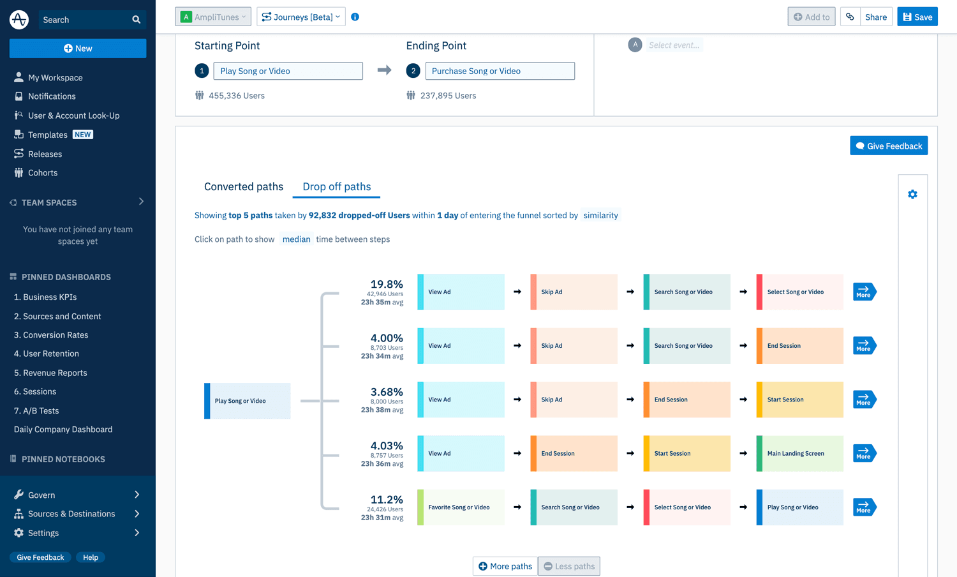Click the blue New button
pos(78,49)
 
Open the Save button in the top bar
pos(917,17)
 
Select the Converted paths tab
pos(244,186)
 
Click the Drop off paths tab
pos(336,186)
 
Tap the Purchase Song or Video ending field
pos(500,71)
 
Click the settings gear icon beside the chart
pos(912,195)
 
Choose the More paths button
pos(505,566)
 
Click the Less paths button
pos(568,566)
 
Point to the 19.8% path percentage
pos(387,284)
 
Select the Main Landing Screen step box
pos(799,454)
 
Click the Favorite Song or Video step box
pos(461,507)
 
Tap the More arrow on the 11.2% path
pos(864,507)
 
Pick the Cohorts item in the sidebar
pos(43,173)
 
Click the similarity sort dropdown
pos(600,216)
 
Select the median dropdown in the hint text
pos(296,239)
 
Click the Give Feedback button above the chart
pos(888,146)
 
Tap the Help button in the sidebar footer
pos(91,557)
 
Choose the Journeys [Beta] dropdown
pos(300,17)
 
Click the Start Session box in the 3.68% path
pos(799,400)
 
